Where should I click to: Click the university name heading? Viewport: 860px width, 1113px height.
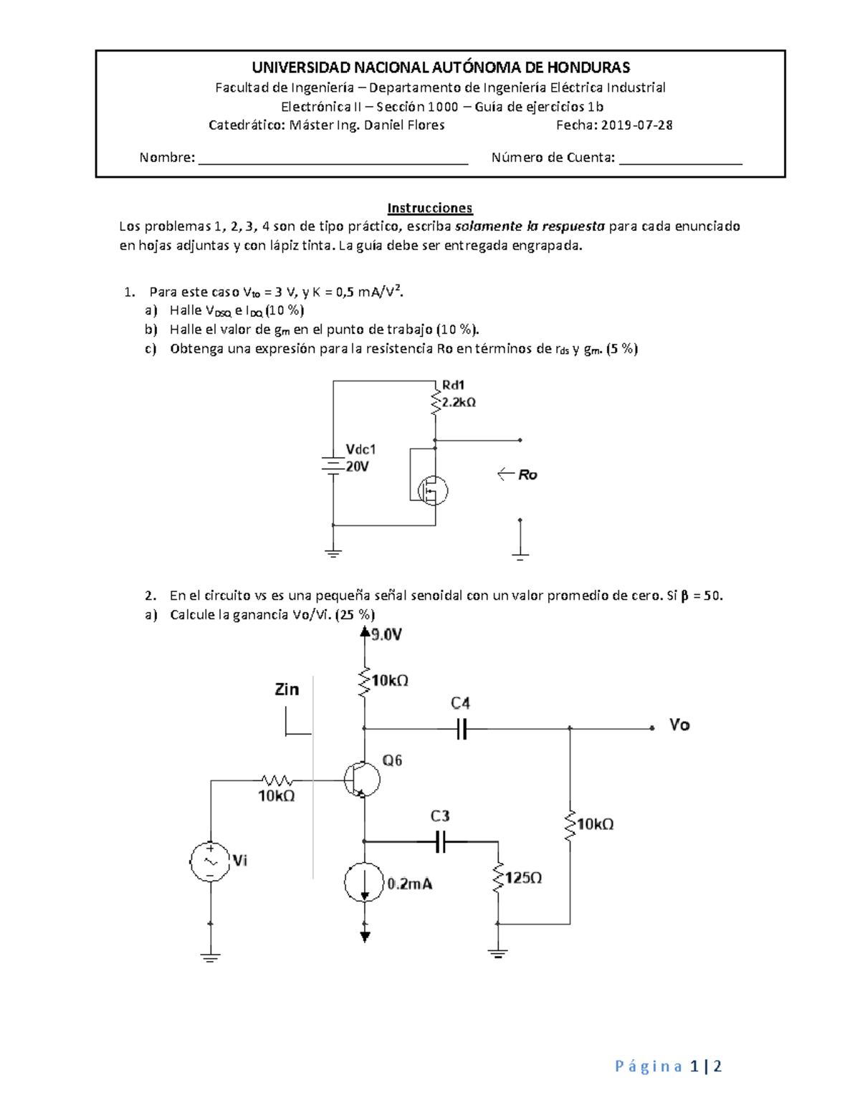[x=440, y=67]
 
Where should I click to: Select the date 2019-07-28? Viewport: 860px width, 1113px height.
[x=636, y=125]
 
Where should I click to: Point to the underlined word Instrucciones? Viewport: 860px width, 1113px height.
[x=429, y=208]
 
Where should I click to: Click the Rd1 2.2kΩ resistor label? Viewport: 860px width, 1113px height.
[x=459, y=394]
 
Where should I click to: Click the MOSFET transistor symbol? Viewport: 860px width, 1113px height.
[x=432, y=491]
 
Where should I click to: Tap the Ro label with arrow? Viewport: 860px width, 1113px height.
[x=518, y=474]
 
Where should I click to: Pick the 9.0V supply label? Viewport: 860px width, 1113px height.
[x=386, y=634]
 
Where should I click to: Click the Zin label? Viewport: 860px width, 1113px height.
[x=287, y=689]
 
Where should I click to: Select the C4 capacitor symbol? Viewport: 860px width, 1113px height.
[x=462, y=729]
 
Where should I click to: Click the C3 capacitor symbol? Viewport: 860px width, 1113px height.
[x=441, y=842]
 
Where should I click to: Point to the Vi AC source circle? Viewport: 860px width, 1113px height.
[x=210, y=861]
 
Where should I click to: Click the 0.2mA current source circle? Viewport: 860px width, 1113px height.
[x=365, y=883]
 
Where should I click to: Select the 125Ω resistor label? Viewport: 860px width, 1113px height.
[x=523, y=878]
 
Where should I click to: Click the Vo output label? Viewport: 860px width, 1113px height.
[x=679, y=725]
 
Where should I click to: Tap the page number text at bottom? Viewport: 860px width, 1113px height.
[x=668, y=1066]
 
